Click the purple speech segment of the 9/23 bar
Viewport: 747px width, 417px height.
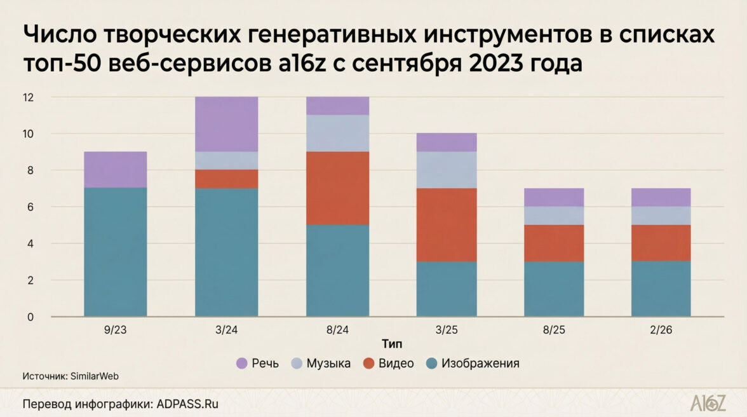(x=115, y=170)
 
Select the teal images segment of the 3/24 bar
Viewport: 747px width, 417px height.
(x=227, y=252)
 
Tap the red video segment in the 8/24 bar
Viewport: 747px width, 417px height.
(x=337, y=188)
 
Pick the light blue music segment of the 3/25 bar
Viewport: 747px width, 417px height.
(x=447, y=170)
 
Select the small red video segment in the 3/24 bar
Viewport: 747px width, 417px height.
(x=227, y=179)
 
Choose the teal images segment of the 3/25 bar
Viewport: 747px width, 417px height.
(x=447, y=289)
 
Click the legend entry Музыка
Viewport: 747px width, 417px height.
(x=328, y=364)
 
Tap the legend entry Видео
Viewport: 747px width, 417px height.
(x=395, y=364)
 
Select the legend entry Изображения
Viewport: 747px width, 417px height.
(x=480, y=364)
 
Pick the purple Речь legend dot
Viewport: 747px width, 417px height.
(x=241, y=364)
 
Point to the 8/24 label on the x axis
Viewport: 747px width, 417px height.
(x=337, y=331)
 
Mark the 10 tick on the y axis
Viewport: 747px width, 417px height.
(x=28, y=134)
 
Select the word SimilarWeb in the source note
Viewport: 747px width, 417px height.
(x=95, y=376)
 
